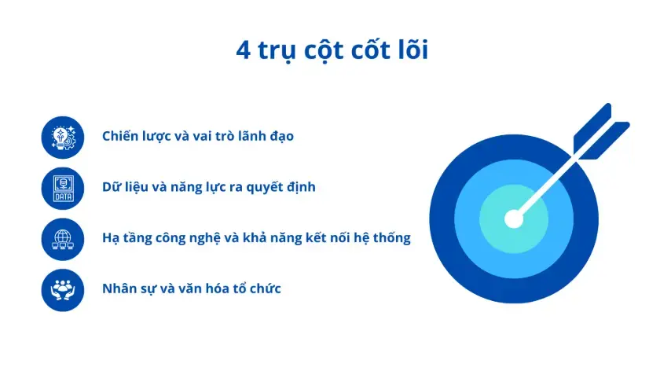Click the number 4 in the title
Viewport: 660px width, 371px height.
tap(244, 50)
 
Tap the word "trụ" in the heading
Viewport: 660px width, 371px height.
tap(275, 51)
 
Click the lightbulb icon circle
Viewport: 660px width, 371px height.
tap(63, 138)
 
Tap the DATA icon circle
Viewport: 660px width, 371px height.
tap(63, 188)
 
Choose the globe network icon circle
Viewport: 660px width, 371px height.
tap(63, 239)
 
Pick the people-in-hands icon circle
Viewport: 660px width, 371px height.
tap(63, 290)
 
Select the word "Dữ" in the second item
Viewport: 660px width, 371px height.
tap(110, 186)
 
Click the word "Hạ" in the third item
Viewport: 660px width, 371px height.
tap(111, 238)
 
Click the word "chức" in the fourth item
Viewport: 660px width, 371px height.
tap(266, 288)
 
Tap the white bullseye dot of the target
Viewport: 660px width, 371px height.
tap(514, 219)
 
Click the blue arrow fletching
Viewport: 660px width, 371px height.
tap(601, 132)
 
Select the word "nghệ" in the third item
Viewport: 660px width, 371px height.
tap(205, 238)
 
